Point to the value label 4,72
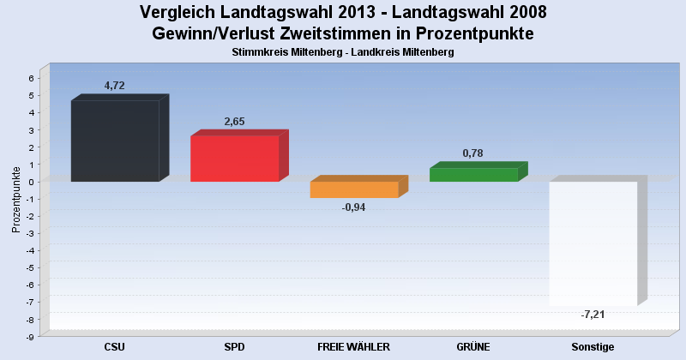(115, 86)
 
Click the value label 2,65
(234, 122)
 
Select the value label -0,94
(353, 207)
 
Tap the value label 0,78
(473, 153)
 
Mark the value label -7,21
(593, 315)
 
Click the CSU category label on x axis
(115, 347)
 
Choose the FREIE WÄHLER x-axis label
(353, 347)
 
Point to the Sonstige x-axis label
(593, 347)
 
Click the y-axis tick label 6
(31, 78)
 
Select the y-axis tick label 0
(31, 182)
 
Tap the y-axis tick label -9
(30, 336)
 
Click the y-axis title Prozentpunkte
(16, 200)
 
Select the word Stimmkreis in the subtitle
(254, 52)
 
